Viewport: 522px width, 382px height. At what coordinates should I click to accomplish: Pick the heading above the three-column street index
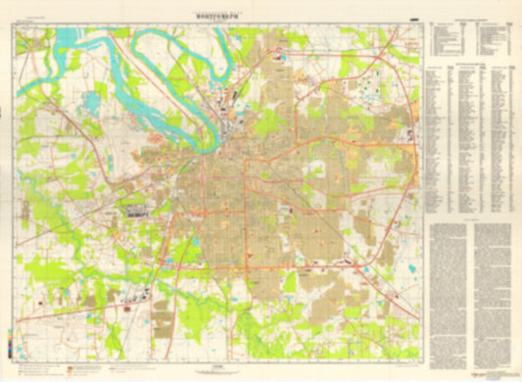click(x=473, y=61)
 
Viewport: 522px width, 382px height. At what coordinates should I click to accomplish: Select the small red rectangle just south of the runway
click(x=136, y=220)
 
